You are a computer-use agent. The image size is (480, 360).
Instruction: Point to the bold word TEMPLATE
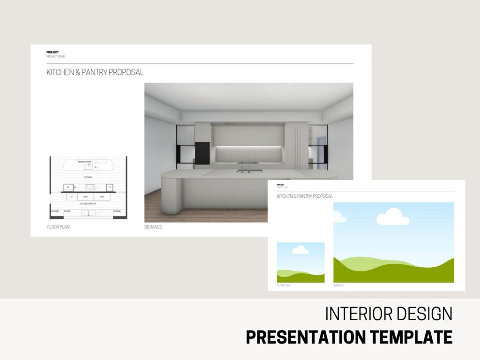411,337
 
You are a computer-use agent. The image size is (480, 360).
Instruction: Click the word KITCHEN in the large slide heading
60,72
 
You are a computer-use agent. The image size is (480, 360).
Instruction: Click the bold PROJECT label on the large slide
53,52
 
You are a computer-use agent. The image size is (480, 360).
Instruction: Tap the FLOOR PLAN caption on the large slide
58,227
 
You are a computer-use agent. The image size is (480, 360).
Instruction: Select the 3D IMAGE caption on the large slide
153,227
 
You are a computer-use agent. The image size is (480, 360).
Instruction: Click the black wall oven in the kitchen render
202,153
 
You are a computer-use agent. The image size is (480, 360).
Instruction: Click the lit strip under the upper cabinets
249,147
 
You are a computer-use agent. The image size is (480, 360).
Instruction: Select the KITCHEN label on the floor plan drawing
88,177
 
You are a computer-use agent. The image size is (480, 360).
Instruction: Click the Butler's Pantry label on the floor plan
88,204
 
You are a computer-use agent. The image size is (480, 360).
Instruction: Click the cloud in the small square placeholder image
300,250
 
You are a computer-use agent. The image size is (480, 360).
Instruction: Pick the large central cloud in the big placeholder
393,217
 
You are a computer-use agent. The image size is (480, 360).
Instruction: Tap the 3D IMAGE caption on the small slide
339,285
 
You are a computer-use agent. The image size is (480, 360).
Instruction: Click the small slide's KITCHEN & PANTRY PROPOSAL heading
305,196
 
